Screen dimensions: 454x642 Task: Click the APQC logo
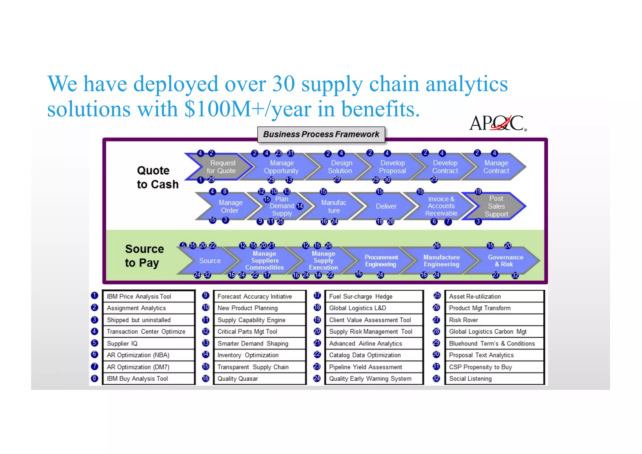[497, 123]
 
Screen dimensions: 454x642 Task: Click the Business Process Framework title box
[321, 135]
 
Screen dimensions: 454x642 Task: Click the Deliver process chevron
[386, 206]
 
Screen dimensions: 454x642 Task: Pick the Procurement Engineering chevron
[381, 261]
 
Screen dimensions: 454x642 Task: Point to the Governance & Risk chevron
[505, 261]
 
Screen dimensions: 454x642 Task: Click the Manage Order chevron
[230, 206]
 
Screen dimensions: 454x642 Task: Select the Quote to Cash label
[157, 177]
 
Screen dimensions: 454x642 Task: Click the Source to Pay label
[144, 256]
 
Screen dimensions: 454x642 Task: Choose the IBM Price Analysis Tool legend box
[149, 296]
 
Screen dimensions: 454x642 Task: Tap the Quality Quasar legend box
[260, 378]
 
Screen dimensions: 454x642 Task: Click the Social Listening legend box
[494, 378]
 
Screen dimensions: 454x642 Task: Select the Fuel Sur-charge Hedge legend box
[374, 296]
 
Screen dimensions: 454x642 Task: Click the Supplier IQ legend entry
[149, 343]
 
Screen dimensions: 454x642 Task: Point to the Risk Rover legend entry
[494, 320]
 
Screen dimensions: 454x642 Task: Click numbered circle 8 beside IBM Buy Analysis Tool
[94, 378]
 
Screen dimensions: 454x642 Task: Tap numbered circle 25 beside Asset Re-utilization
[437, 296]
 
